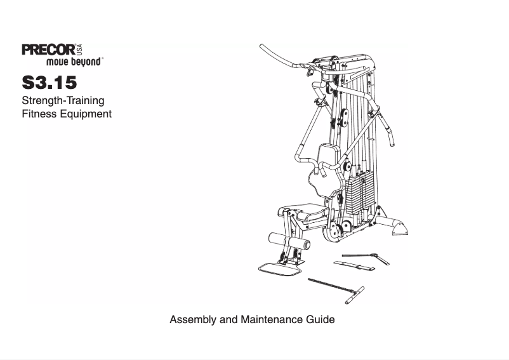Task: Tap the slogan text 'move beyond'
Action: [x=74, y=63]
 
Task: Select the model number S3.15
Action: [x=50, y=83]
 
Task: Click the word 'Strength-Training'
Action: [x=63, y=101]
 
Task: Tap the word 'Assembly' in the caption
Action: [x=193, y=319]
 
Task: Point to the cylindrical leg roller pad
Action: [x=289, y=242]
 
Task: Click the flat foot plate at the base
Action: [x=280, y=269]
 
